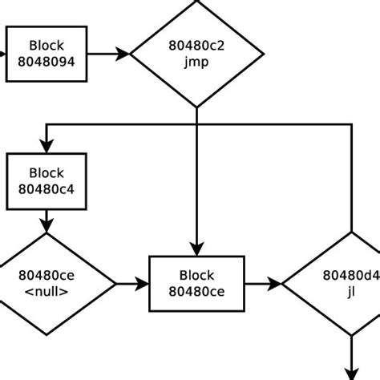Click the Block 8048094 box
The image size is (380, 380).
46,54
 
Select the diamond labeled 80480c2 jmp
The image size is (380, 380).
196,54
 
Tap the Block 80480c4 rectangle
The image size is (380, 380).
46,181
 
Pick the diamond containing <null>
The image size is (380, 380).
46,284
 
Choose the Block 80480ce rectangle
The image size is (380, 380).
196,284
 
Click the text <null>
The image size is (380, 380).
46,292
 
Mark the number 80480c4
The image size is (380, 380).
46,189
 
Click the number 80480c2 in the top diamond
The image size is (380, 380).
196,46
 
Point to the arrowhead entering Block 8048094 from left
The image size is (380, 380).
4,54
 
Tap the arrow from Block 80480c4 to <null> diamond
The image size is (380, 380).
46,220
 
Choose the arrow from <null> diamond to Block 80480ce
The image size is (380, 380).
132,284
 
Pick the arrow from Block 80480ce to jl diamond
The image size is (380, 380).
263,284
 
